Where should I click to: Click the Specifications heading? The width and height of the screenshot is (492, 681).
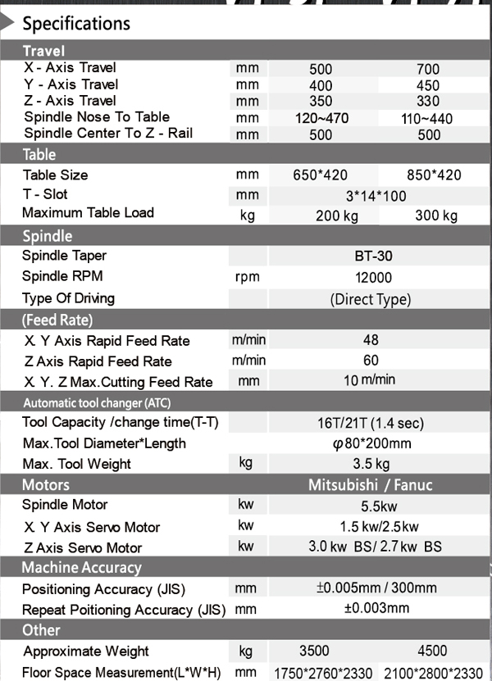[75, 23]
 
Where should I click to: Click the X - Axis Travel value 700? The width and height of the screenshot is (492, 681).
[428, 70]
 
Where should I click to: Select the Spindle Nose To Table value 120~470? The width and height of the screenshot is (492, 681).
[321, 119]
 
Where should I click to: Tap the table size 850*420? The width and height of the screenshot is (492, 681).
[434, 175]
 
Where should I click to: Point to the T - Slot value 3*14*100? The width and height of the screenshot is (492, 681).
[371, 196]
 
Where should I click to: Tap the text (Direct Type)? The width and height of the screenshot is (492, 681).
[370, 299]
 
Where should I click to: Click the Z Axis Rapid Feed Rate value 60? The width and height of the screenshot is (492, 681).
[371, 361]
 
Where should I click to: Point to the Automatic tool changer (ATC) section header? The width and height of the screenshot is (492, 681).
[97, 402]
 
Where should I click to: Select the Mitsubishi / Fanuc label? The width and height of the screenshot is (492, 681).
[370, 484]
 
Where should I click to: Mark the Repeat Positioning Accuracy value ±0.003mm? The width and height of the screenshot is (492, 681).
[376, 608]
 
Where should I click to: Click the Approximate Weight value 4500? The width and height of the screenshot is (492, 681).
[432, 651]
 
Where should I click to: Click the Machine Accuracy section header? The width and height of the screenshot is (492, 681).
[81, 567]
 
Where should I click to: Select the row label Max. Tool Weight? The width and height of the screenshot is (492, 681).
[76, 464]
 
